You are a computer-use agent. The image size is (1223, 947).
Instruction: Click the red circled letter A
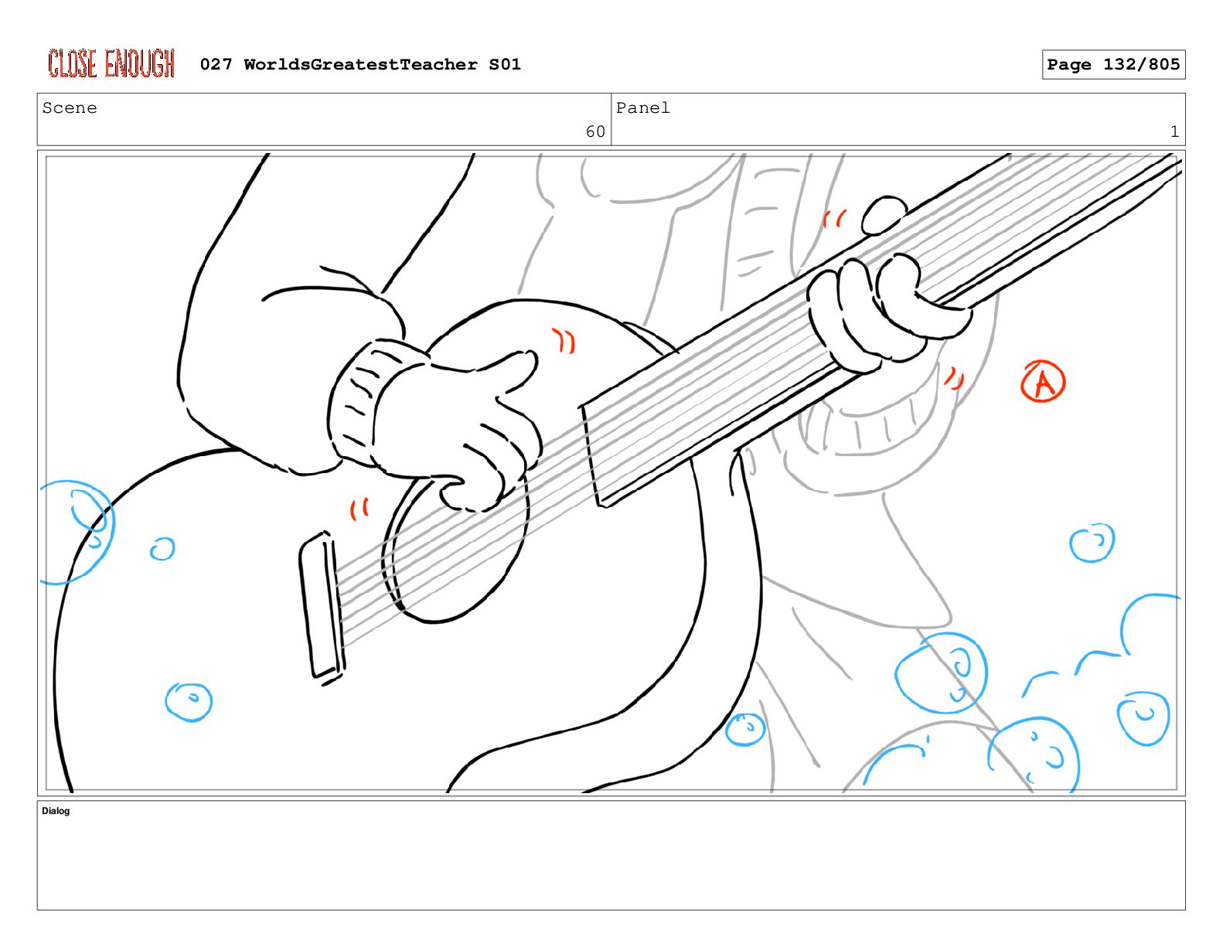[1043, 381]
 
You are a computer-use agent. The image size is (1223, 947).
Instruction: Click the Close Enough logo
[111, 63]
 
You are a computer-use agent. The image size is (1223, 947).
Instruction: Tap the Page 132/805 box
[1113, 64]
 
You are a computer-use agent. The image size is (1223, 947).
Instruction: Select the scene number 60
[595, 131]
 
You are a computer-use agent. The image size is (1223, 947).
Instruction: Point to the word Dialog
[56, 811]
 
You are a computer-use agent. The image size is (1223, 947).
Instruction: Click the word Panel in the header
[642, 107]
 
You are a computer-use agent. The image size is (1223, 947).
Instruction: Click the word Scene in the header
[70, 107]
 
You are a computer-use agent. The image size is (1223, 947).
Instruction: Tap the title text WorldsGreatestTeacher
[360, 64]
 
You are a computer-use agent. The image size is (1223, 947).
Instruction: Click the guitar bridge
[322, 608]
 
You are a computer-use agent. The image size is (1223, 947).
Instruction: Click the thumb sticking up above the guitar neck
[884, 214]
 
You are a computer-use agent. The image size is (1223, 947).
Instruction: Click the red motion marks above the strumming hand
[564, 340]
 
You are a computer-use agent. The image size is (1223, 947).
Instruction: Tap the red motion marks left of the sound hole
[359, 509]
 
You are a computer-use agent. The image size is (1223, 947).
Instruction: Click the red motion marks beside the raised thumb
[834, 218]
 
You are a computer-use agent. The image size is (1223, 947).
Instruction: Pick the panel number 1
[1174, 131]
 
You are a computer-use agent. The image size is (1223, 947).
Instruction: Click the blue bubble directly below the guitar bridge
[189, 702]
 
